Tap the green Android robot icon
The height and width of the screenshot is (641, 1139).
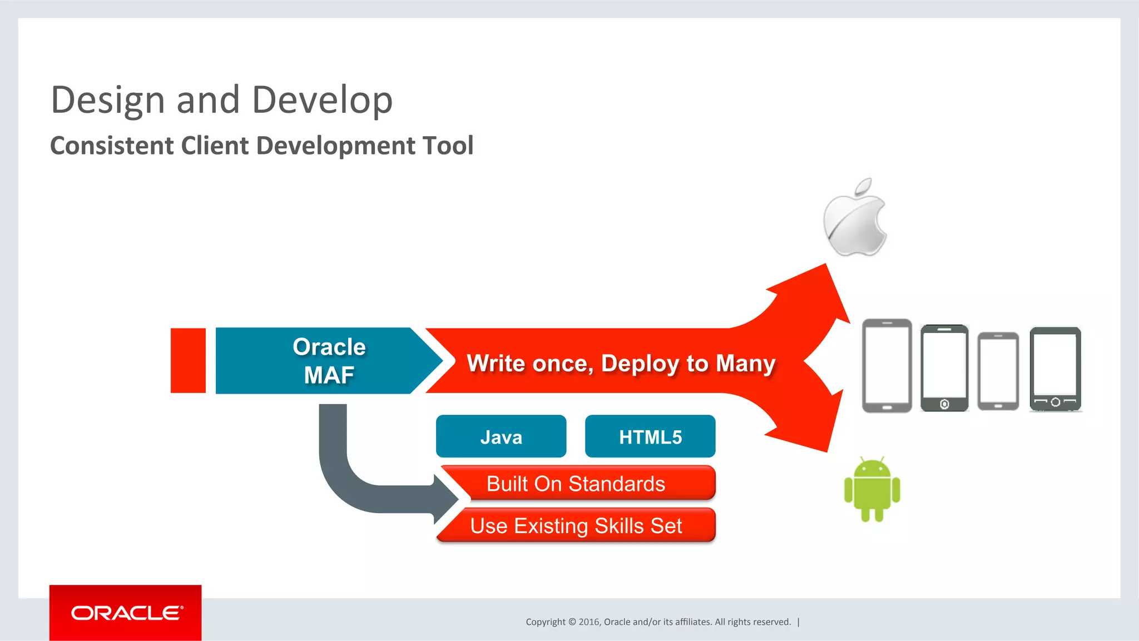point(871,489)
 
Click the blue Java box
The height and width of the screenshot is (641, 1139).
point(501,436)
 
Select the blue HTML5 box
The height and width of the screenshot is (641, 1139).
point(650,436)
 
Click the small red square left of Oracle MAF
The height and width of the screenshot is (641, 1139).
point(188,361)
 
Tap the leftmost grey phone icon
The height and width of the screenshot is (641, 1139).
point(887,365)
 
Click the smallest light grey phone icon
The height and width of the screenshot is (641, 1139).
point(998,371)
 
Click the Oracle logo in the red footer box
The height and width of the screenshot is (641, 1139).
point(126,613)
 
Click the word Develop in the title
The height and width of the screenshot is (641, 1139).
point(322,101)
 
